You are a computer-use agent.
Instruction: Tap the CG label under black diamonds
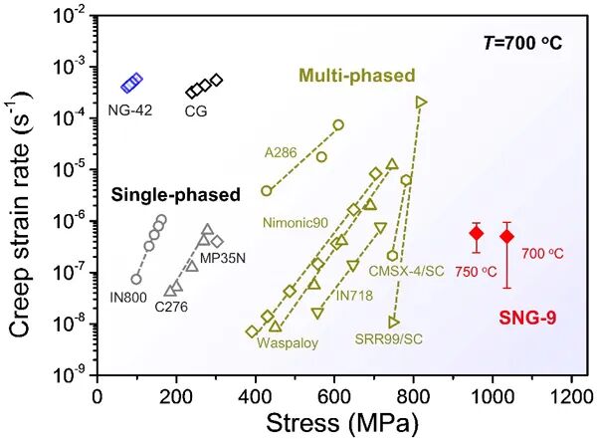coord(195,112)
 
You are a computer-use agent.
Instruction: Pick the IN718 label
coord(356,295)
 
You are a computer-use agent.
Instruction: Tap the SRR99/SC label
coord(389,339)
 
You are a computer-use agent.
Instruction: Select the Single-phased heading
coord(176,195)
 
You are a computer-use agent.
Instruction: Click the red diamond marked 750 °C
coord(477,233)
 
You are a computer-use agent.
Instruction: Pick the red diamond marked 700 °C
coord(506,236)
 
